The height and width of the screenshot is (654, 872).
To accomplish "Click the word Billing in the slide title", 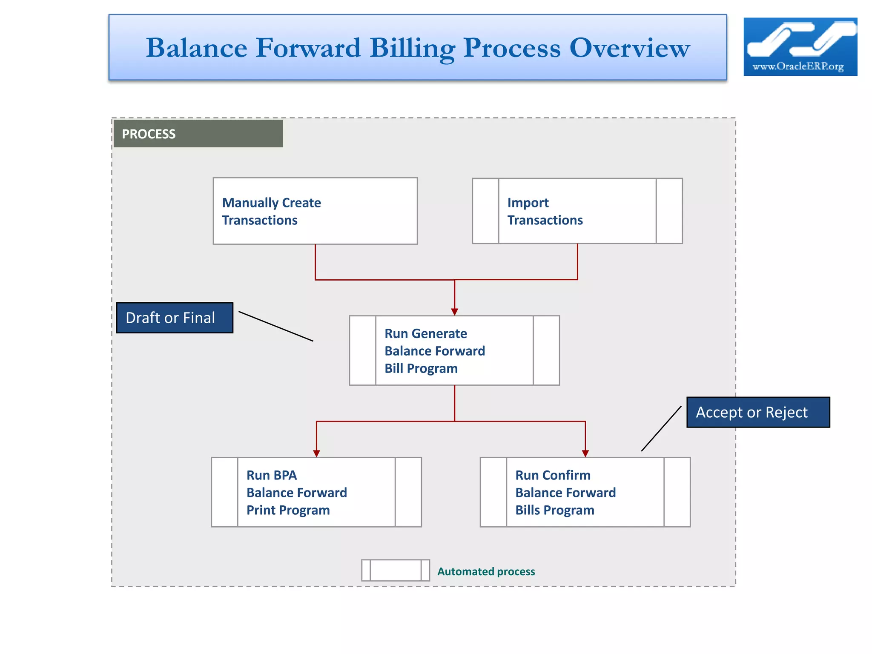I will (x=412, y=48).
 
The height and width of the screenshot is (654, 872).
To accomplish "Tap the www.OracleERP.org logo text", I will (x=798, y=66).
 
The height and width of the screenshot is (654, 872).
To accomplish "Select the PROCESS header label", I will (x=149, y=134).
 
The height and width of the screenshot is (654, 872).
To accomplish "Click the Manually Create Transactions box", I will (x=315, y=211).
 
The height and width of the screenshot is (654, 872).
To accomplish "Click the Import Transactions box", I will (x=577, y=211).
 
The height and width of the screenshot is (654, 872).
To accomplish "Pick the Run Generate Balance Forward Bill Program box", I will (x=454, y=350).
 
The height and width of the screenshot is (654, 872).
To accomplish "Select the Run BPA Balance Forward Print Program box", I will (x=316, y=492).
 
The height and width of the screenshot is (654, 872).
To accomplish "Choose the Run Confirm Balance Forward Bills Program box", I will (x=585, y=492).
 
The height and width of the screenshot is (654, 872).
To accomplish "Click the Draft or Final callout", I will (x=175, y=318).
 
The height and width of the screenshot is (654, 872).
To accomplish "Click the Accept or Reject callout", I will (x=758, y=412).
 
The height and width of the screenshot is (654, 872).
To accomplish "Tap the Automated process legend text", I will (x=486, y=571).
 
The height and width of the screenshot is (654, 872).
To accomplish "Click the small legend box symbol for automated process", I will (x=395, y=570).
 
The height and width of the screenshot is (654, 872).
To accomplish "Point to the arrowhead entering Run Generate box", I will (x=454, y=312).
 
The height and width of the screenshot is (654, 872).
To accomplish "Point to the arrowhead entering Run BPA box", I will (x=316, y=453).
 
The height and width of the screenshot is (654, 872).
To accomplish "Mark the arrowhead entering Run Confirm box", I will (x=585, y=453).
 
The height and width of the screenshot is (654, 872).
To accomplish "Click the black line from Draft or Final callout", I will (x=276, y=326).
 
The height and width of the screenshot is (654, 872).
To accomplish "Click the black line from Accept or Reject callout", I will (x=661, y=428).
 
